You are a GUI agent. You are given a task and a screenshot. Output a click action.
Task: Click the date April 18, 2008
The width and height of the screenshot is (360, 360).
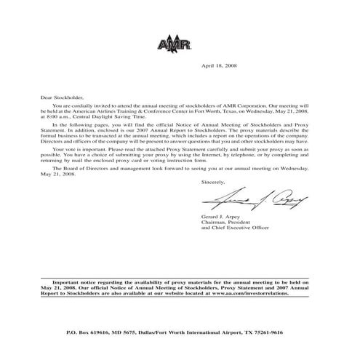click(x=218, y=66)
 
